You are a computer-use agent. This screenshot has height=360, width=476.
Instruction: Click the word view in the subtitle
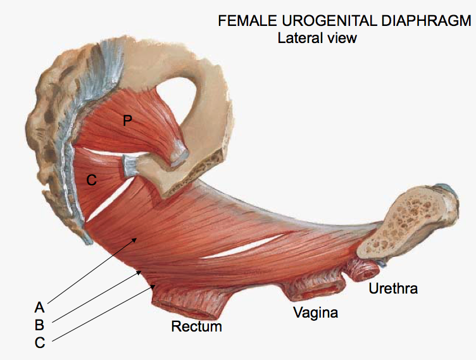coord(342,37)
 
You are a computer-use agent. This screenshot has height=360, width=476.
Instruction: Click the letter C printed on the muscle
coord(91,180)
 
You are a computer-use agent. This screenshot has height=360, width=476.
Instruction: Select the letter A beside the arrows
coord(39,308)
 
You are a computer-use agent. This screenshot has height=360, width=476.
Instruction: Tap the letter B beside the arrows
coord(39,325)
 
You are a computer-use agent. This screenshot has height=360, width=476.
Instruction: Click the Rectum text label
coord(197,326)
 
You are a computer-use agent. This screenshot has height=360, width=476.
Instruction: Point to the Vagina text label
coord(315,313)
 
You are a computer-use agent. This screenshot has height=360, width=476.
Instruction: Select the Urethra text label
coord(393,289)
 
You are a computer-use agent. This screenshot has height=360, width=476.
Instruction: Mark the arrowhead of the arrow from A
coord(135,239)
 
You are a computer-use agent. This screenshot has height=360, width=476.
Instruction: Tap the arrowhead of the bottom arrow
coord(154,286)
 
